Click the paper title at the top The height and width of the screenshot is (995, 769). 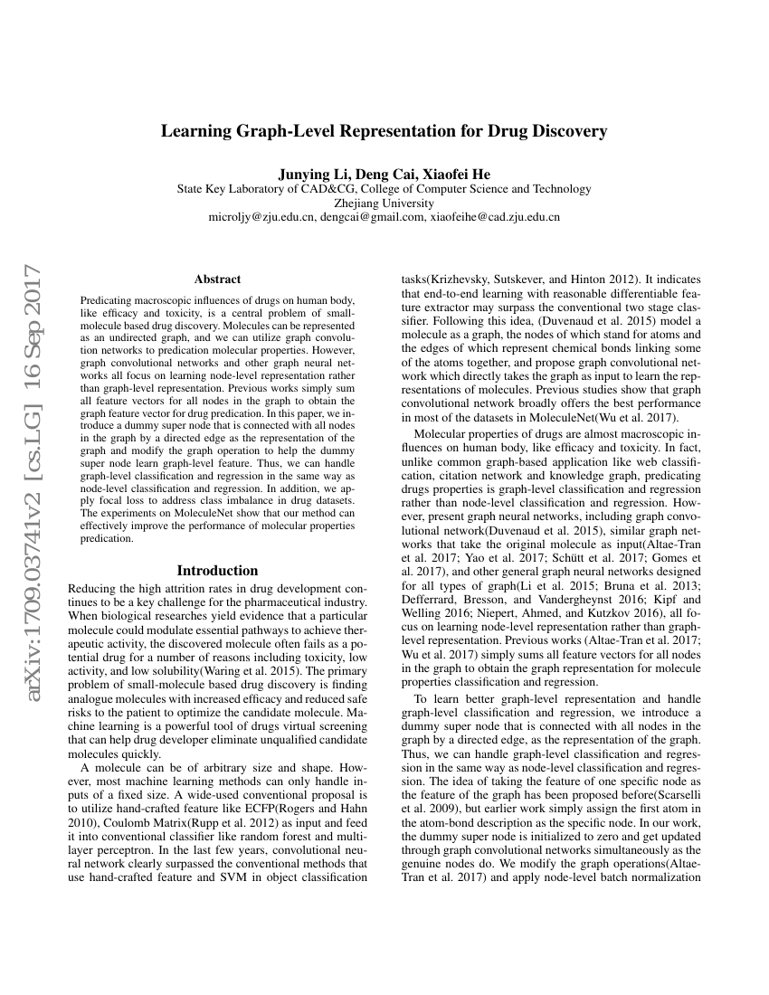point(384,131)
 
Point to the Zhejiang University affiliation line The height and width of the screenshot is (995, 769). point(384,204)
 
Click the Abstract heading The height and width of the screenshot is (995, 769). point(217,280)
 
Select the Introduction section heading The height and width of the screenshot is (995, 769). point(217,571)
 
